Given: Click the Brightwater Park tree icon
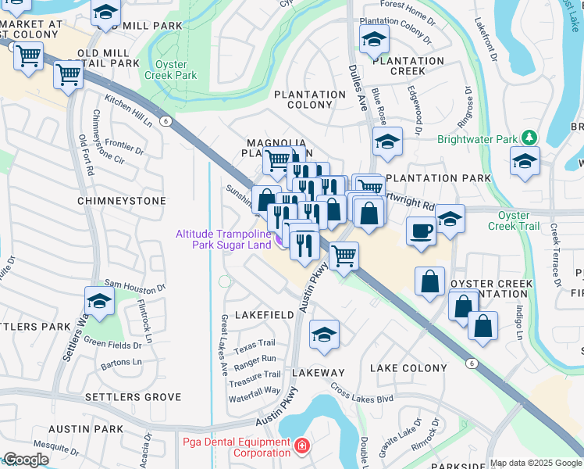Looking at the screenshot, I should tap(530, 138).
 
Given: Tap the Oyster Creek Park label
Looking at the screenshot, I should tap(171, 70).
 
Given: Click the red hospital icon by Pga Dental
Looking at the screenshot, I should tap(301, 447).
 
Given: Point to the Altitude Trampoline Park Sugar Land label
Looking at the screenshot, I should tap(223, 239).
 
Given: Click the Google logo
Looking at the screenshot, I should tap(25, 460).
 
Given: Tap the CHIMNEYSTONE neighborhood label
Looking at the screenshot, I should tap(121, 201).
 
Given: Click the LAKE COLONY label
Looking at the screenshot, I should tap(408, 367).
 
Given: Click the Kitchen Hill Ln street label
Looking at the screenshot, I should tap(128, 111).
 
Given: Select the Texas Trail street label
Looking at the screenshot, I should tap(255, 343).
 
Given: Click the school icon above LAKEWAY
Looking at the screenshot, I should tap(324, 334).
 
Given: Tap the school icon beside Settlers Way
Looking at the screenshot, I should tap(99, 301).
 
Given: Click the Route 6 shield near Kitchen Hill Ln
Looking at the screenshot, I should tap(166, 120).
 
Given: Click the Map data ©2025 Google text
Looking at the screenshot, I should tap(535, 463).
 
